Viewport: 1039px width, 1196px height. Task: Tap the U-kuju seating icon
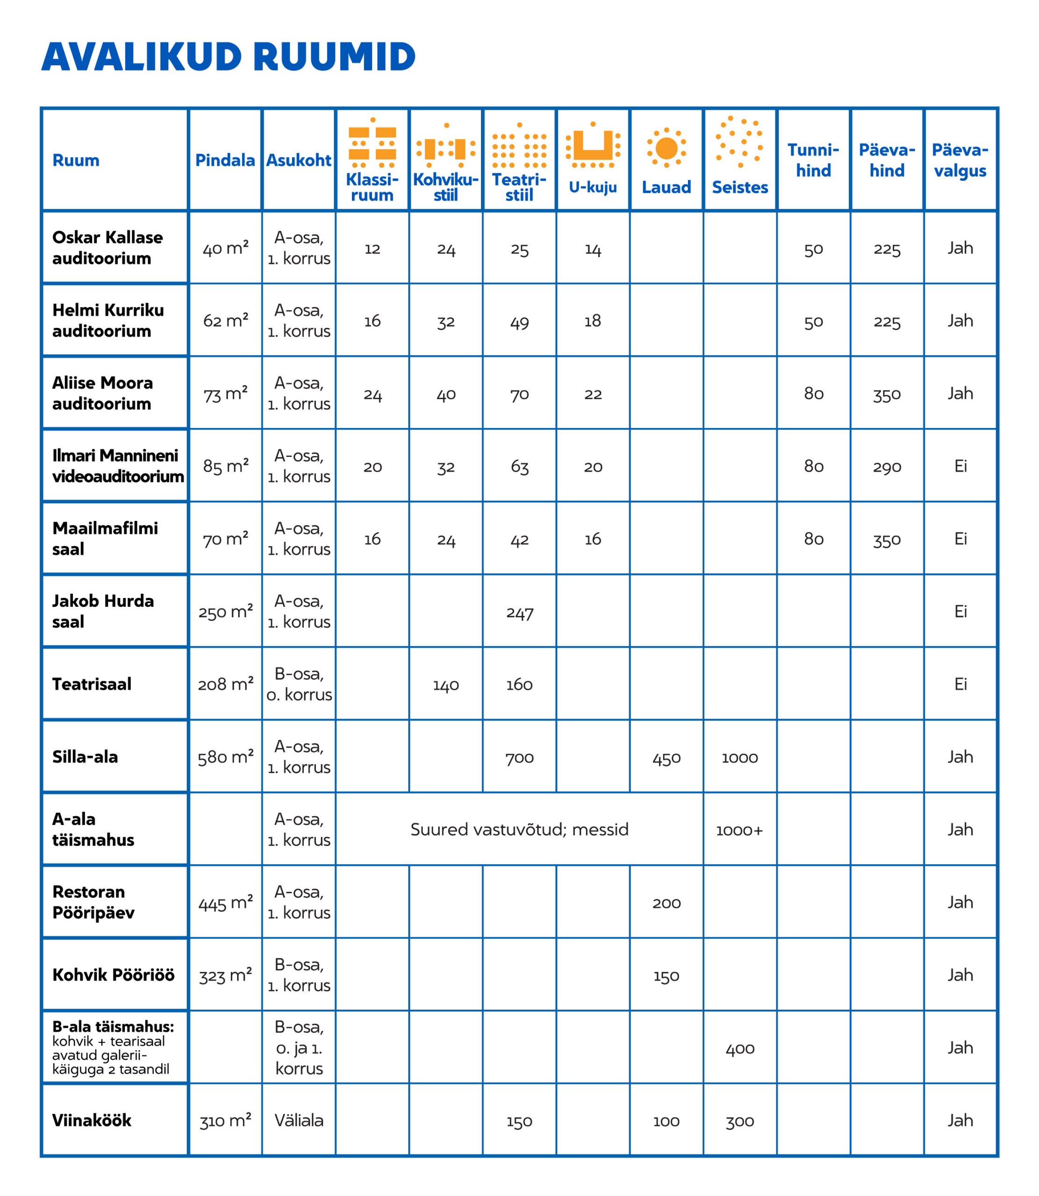(x=593, y=145)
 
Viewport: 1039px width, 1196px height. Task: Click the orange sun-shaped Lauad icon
(x=666, y=148)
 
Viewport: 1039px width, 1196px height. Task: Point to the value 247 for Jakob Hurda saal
(x=520, y=612)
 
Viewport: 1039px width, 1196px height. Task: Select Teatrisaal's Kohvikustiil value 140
(x=446, y=685)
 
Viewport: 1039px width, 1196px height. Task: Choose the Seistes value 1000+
(x=739, y=830)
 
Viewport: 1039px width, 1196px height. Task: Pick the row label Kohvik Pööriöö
(x=113, y=975)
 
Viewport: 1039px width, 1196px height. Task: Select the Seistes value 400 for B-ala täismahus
(x=740, y=1049)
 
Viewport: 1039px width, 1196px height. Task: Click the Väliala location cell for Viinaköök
(x=299, y=1120)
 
